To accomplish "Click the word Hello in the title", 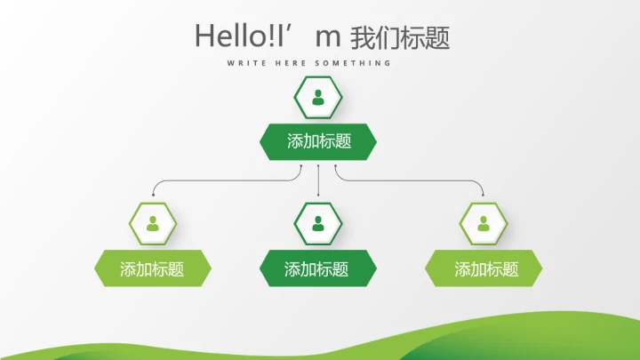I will pyautogui.click(x=228, y=36).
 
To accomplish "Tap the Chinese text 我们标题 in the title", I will pyautogui.click(x=400, y=37).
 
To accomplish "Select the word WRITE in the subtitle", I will pyautogui.click(x=244, y=63).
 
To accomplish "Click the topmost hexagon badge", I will pyautogui.click(x=318, y=98).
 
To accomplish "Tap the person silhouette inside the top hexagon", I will pyautogui.click(x=318, y=98).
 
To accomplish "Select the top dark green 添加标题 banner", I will pyautogui.click(x=318, y=141).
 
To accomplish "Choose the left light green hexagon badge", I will pyautogui.click(x=153, y=223).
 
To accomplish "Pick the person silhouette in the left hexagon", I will pyautogui.click(x=153, y=223).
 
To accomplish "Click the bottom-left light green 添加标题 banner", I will pyautogui.click(x=153, y=268).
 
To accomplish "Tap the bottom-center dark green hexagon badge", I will pyautogui.click(x=318, y=223).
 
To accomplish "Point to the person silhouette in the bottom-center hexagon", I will pyautogui.click(x=318, y=223).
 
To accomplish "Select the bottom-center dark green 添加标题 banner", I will pyautogui.click(x=318, y=268).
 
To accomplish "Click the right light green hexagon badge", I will pyautogui.click(x=484, y=223).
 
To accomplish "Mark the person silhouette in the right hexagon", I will pyautogui.click(x=484, y=223).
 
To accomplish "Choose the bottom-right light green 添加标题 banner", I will pyautogui.click(x=484, y=268).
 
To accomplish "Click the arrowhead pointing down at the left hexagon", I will pyautogui.click(x=153, y=194).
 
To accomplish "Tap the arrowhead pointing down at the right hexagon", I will pyautogui.click(x=484, y=194).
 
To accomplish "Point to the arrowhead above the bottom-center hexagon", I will pyautogui.click(x=318, y=194).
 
